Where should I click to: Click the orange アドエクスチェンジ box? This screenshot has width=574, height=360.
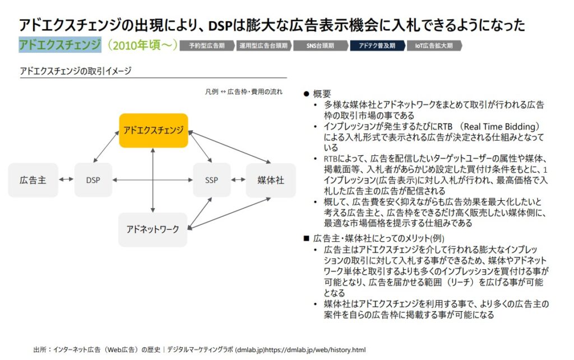click(x=154, y=130)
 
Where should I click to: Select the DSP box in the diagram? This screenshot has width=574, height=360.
click(x=93, y=180)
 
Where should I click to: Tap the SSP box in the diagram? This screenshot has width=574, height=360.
click(x=211, y=180)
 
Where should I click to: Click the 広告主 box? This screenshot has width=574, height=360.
click(x=33, y=180)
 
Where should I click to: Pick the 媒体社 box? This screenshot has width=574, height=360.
click(x=271, y=180)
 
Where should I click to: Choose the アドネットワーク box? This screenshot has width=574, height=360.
click(x=152, y=229)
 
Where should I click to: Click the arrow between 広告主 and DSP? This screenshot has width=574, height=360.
click(x=66, y=180)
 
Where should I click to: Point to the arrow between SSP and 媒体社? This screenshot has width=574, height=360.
click(x=238, y=180)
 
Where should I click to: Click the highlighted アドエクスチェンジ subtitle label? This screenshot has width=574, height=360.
click(x=60, y=45)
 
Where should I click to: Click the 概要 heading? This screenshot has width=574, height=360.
click(x=322, y=94)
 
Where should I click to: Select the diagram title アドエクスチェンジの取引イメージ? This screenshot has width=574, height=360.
click(x=76, y=71)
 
